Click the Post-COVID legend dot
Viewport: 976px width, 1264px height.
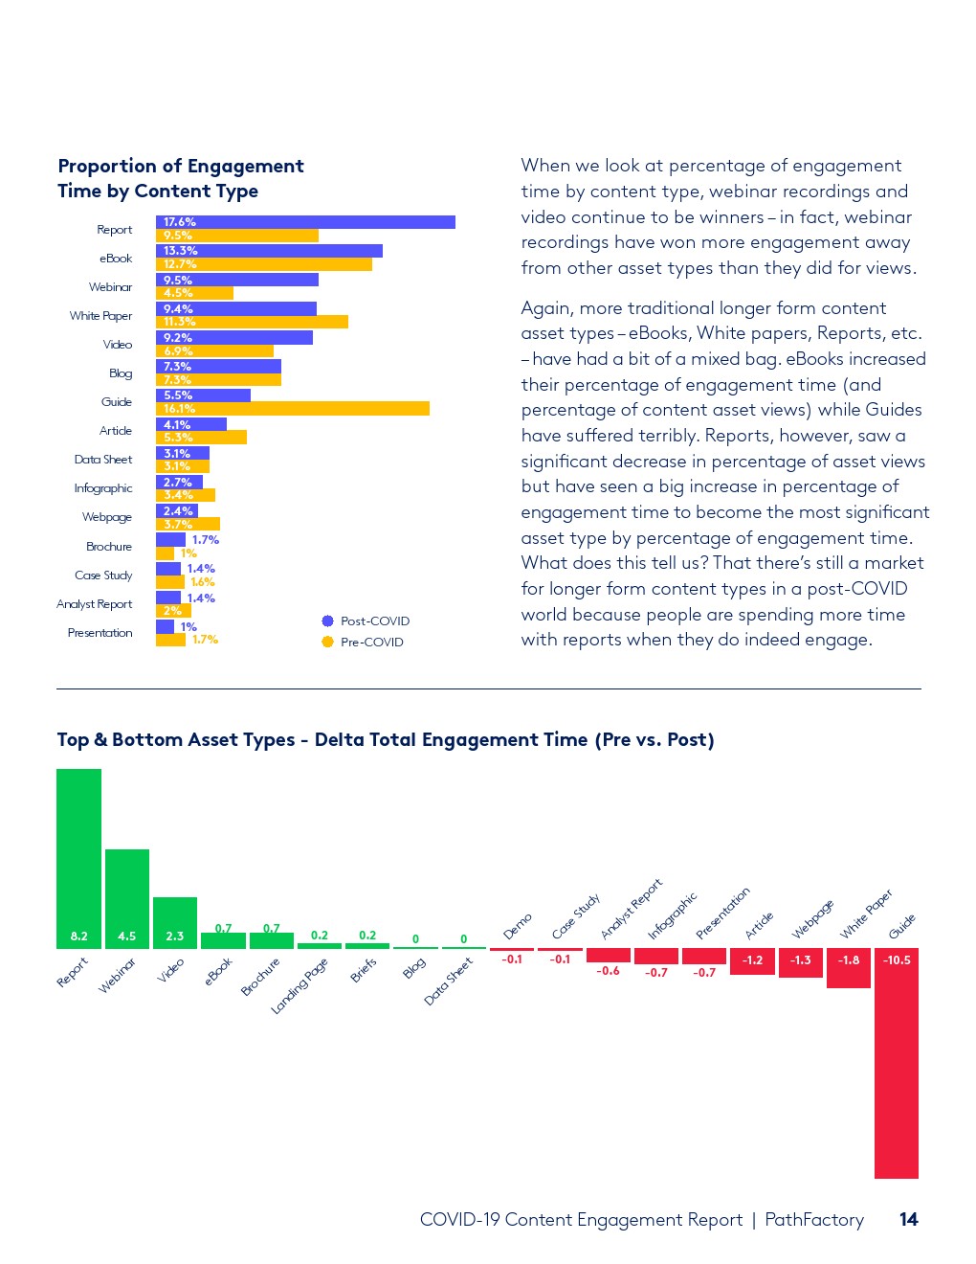[x=327, y=621]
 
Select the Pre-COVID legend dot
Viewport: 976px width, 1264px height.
[x=327, y=642]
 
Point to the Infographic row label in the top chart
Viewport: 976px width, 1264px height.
[x=103, y=488]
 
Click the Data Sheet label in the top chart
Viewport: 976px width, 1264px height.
[x=103, y=460]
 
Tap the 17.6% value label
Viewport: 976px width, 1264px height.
[x=179, y=222]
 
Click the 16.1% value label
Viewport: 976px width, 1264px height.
[x=179, y=409]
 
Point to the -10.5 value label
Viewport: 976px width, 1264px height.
[x=897, y=960]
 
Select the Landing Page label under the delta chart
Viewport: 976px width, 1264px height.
[x=299, y=985]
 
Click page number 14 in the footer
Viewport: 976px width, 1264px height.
[x=908, y=1219]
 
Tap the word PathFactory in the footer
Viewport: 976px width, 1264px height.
[x=814, y=1219]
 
